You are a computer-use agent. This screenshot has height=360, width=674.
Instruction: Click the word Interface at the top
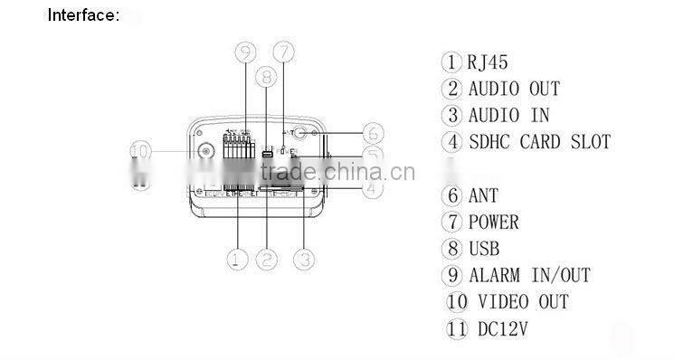coord(82,15)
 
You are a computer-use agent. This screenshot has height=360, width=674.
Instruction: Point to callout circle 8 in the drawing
coord(265,79)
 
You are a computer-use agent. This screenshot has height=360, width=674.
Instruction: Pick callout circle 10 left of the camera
coord(139,150)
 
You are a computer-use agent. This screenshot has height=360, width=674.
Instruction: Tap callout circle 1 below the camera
coord(235,260)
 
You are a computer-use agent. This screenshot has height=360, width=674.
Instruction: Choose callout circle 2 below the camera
coord(266,260)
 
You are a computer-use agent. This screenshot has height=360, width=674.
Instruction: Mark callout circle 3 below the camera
coord(307,260)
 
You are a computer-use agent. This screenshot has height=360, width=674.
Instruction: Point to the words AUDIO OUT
coord(513,89)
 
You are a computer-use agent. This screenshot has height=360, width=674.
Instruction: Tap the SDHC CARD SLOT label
coord(538,142)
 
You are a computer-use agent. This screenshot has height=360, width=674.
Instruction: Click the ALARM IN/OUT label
coord(528,275)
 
